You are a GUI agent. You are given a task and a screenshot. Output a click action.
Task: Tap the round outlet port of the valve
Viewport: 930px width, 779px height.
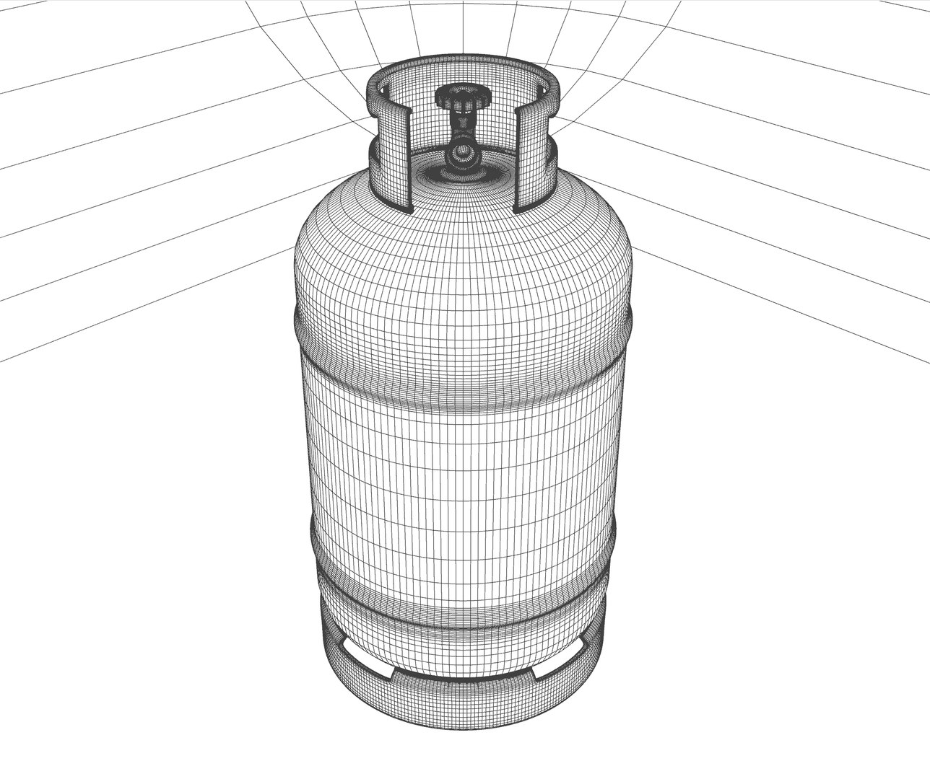point(459,154)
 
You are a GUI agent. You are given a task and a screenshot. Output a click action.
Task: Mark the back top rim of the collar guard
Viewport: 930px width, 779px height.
point(462,66)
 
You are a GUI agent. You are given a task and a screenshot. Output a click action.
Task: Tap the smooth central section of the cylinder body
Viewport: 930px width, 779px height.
point(462,447)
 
